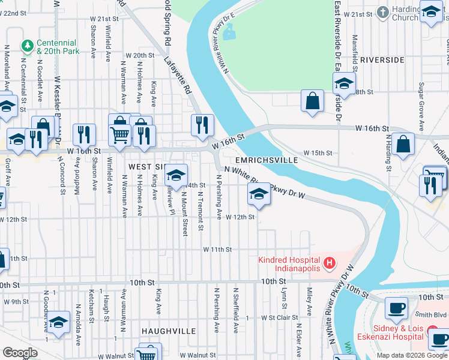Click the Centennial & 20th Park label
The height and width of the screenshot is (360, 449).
(x=57, y=47)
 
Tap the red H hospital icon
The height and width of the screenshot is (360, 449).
(x=328, y=262)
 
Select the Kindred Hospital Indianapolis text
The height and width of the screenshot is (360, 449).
(x=290, y=264)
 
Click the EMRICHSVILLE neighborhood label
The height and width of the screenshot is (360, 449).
(x=267, y=161)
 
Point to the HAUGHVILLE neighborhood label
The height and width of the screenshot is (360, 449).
(x=169, y=331)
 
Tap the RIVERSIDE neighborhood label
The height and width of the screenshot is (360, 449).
(x=382, y=61)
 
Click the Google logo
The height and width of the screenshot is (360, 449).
(x=20, y=352)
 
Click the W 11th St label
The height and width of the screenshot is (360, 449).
(x=217, y=249)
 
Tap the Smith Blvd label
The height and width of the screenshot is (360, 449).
(x=432, y=314)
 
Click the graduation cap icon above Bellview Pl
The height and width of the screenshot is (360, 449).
(x=175, y=175)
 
